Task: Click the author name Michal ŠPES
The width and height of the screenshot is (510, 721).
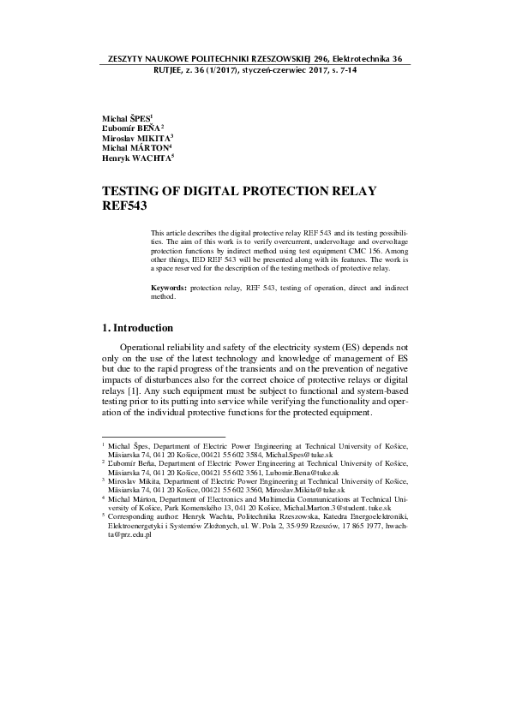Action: tap(126, 116)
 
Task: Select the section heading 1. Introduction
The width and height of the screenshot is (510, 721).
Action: tap(137, 328)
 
